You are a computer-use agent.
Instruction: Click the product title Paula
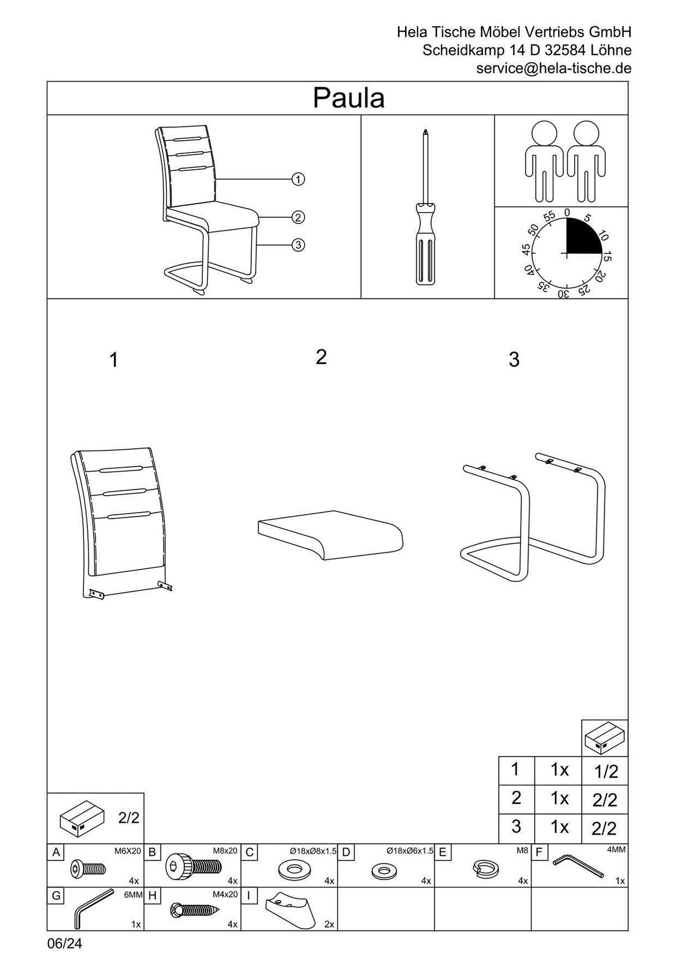(349, 98)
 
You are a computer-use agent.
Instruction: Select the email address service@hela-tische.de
(554, 68)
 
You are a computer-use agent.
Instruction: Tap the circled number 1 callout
(298, 179)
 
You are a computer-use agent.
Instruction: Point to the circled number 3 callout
(298, 245)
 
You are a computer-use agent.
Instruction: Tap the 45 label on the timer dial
(527, 249)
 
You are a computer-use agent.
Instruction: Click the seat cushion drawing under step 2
(331, 535)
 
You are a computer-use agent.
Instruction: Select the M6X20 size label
(127, 851)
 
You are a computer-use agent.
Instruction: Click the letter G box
(56, 895)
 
